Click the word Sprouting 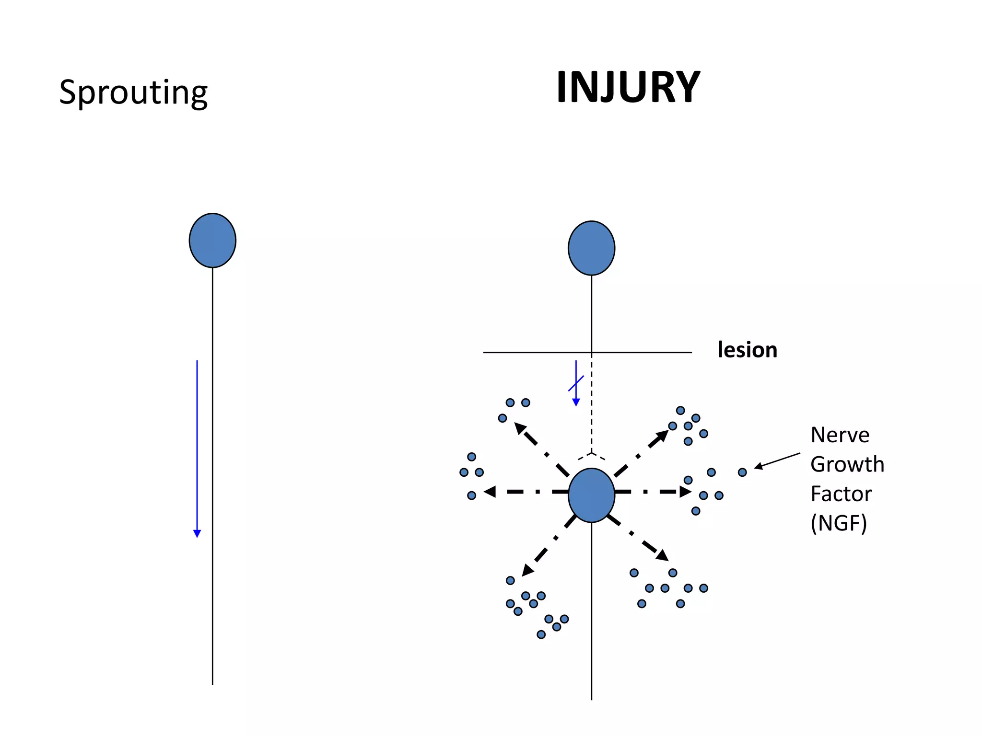tap(133, 92)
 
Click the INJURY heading tap(628, 87)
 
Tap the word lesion tap(747, 350)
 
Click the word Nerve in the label tap(840, 435)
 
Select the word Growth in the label tap(847, 464)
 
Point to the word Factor tap(841, 494)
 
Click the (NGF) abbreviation tap(839, 523)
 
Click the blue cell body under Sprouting tap(212, 241)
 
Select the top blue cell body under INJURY tap(591, 248)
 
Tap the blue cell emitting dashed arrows tap(591, 495)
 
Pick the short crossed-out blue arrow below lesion tap(576, 383)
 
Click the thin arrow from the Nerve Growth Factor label tap(777, 460)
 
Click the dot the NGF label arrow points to tap(742, 472)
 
